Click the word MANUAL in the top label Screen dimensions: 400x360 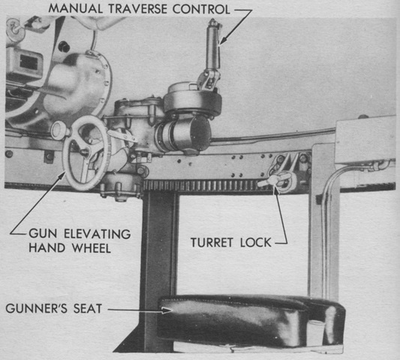pyautogui.click(x=75, y=9)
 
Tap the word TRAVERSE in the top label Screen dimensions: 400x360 pyautogui.click(x=138, y=9)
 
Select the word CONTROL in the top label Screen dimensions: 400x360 pyautogui.click(x=202, y=9)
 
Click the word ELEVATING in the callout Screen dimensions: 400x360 pyautogui.click(x=98, y=233)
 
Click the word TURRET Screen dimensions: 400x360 pyautogui.click(x=212, y=242)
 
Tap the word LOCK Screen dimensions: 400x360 pyautogui.click(x=256, y=242)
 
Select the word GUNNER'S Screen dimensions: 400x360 pyautogui.click(x=37, y=308)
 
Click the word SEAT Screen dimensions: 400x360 pyautogui.click(x=88, y=308)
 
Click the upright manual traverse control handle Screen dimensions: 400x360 pyautogui.click(x=212, y=46)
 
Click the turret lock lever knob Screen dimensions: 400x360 pyautogui.click(x=273, y=180)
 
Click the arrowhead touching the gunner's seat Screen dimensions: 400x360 pyautogui.click(x=167, y=310)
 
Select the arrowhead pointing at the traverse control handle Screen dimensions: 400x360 pyautogui.click(x=223, y=40)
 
